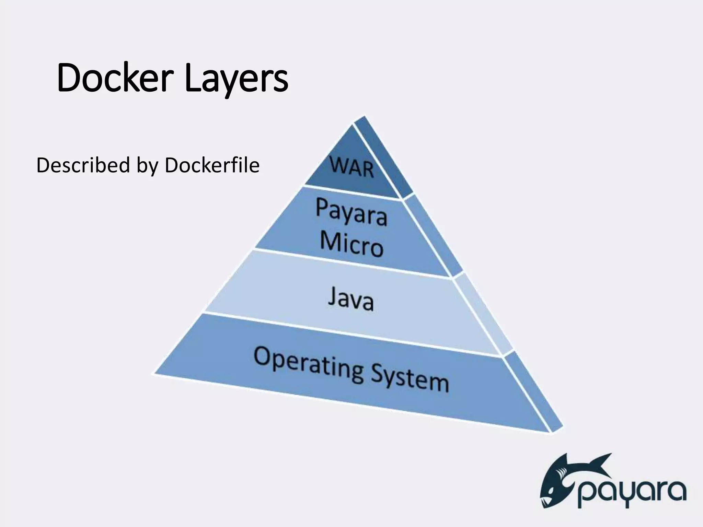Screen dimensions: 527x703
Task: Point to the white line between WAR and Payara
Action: tap(354, 192)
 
